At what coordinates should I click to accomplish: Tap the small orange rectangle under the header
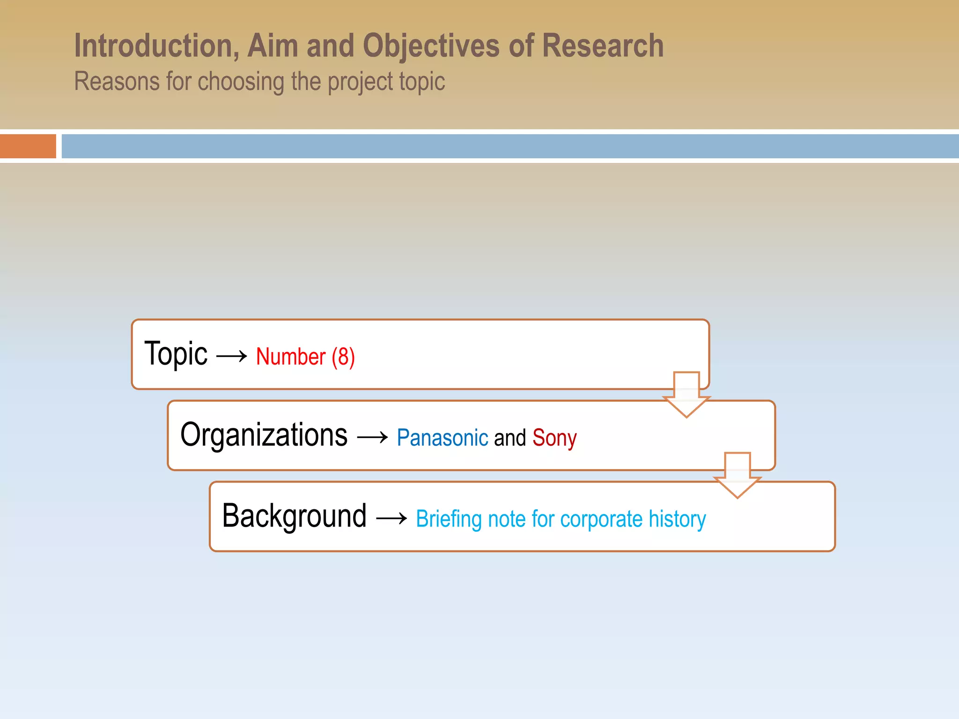[x=28, y=146]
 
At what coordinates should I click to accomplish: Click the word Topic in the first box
[x=176, y=354]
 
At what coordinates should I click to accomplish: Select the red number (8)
[x=343, y=357]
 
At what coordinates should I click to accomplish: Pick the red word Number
[x=290, y=357]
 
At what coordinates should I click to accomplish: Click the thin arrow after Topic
[x=232, y=356]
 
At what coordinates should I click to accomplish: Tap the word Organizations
[x=264, y=435]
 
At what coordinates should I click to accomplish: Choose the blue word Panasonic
[x=442, y=438]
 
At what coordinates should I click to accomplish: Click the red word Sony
[x=554, y=438]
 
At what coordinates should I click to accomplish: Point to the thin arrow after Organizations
[x=372, y=438]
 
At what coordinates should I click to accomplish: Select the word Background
[x=294, y=516]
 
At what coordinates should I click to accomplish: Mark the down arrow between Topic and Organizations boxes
[x=686, y=394]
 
